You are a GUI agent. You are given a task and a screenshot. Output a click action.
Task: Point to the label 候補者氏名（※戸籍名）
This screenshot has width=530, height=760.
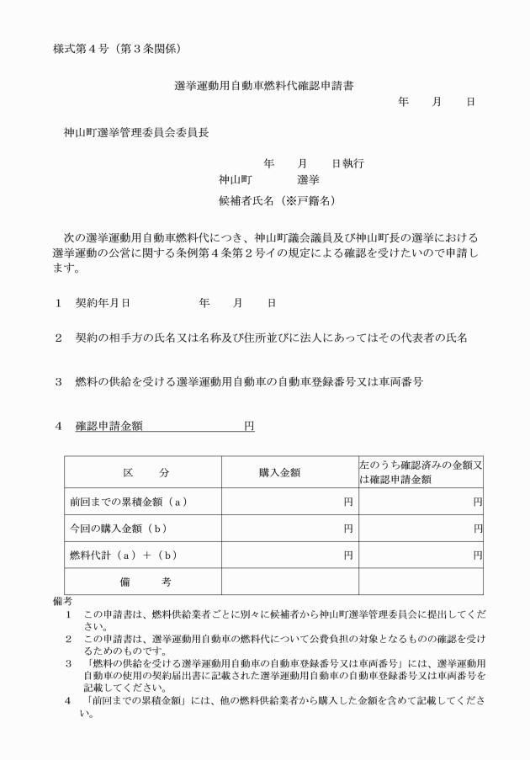(278, 200)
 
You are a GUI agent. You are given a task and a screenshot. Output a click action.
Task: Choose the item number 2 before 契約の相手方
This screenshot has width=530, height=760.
(59, 337)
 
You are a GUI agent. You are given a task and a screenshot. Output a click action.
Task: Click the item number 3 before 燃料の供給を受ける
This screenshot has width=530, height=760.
(59, 381)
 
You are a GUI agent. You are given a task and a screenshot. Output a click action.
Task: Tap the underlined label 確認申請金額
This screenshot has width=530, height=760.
(109, 426)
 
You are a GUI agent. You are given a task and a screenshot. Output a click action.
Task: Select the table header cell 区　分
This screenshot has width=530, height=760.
(142, 473)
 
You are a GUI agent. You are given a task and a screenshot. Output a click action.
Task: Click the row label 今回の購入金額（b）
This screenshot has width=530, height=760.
(119, 529)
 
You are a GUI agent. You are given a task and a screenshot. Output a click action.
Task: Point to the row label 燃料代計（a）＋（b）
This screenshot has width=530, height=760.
(124, 555)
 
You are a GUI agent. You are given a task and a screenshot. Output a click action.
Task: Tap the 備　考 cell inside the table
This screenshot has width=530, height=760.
(142, 582)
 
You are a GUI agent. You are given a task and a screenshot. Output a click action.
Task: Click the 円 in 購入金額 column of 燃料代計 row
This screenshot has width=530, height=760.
(348, 555)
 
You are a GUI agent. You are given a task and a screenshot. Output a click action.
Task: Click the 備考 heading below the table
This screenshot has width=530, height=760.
(62, 601)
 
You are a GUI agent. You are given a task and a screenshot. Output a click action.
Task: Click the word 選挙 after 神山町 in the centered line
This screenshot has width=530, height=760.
(308, 179)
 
